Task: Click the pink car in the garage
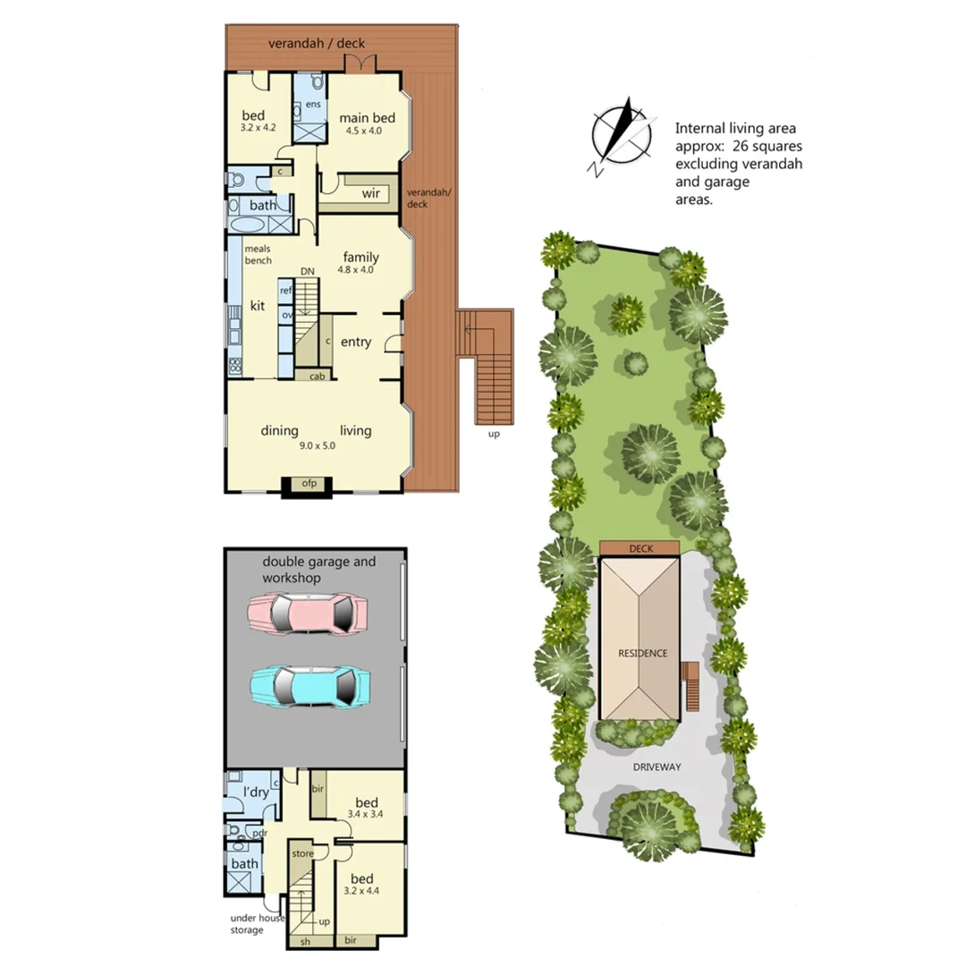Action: pos(308,614)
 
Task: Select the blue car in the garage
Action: pos(309,687)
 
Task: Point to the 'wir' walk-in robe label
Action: pos(371,193)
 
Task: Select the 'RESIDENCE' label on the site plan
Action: pos(642,653)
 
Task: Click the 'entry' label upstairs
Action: pos(355,342)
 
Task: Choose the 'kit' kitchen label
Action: pos(258,306)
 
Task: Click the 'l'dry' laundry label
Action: pos(256,792)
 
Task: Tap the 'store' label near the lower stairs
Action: pos(302,853)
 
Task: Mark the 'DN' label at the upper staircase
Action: pos(307,271)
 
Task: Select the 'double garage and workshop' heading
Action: pos(318,570)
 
